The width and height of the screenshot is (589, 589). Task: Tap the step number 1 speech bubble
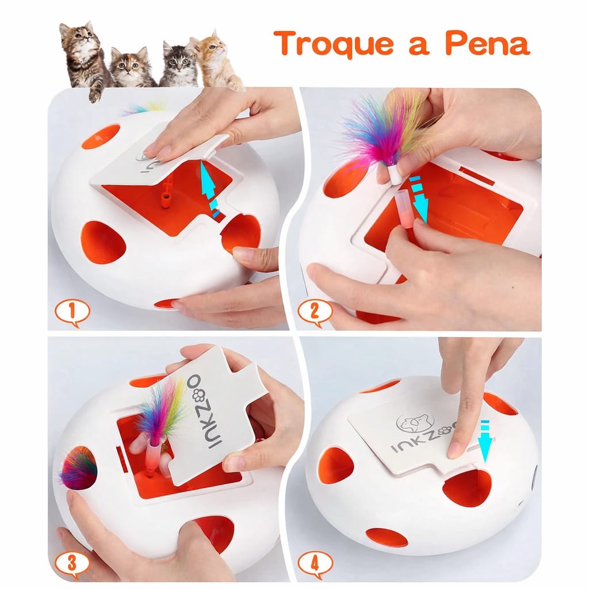point(72,312)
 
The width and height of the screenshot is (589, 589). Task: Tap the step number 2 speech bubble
point(315,312)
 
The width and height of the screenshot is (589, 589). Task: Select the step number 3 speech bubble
point(72,564)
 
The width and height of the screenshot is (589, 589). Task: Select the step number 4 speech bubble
point(315,564)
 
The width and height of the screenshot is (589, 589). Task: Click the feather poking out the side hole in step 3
point(78,469)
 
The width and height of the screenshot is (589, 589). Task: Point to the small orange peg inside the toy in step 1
point(167,198)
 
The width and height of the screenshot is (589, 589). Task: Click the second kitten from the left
point(131,67)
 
